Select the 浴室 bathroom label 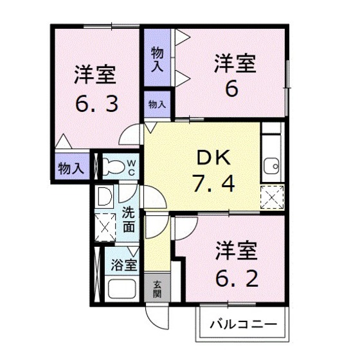click(123, 264)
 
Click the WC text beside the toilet click(130, 167)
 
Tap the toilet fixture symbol click(113, 167)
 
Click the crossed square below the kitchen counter click(273, 196)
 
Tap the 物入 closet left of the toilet click(70, 169)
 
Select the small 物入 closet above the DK click(157, 103)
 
